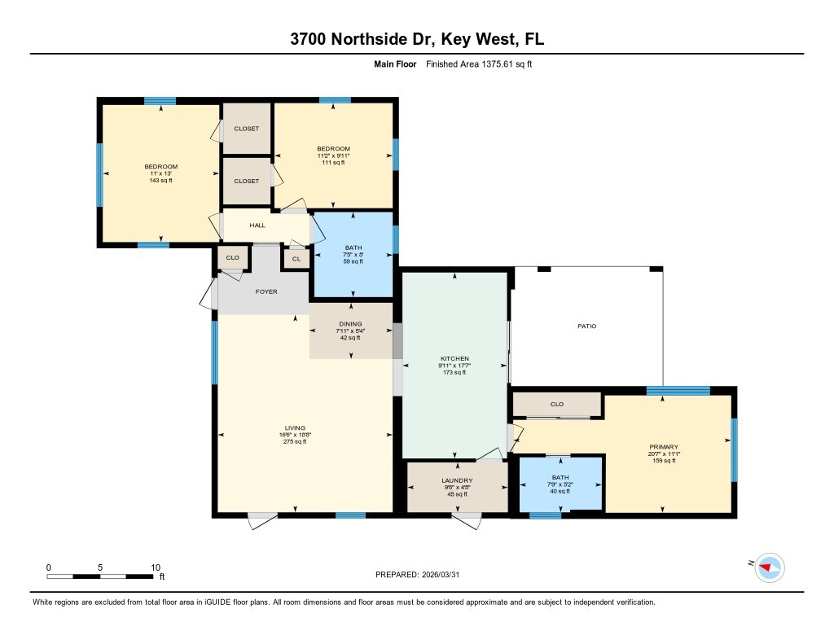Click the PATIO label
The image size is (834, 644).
[x=586, y=326]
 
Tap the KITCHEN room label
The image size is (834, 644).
[x=454, y=358]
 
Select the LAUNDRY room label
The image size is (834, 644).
[x=457, y=480]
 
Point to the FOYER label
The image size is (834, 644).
[x=266, y=291]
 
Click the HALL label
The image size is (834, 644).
[x=257, y=225]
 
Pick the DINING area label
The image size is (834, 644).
[x=350, y=324]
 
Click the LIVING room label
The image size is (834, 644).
[x=295, y=427]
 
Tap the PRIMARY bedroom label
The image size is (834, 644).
[x=664, y=447]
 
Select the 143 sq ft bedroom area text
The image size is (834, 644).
[x=160, y=180]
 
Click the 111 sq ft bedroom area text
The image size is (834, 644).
[x=333, y=162]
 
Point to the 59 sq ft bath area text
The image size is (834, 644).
[x=353, y=261]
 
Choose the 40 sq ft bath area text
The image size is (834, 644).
[x=560, y=491]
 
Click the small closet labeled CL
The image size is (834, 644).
[x=296, y=259]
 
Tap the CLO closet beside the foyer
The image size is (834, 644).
[x=232, y=257]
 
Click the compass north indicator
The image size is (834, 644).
[x=769, y=567]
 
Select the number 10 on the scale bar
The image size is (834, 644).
[x=156, y=567]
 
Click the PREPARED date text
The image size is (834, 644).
[x=417, y=574]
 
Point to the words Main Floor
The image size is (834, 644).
[x=395, y=64]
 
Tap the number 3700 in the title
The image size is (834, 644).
[x=308, y=39]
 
